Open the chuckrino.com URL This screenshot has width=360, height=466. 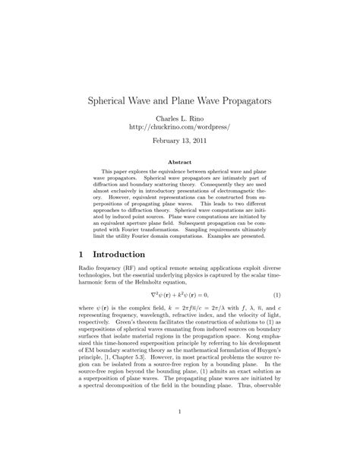(x=179, y=128)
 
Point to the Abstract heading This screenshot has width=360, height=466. (x=179, y=162)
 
